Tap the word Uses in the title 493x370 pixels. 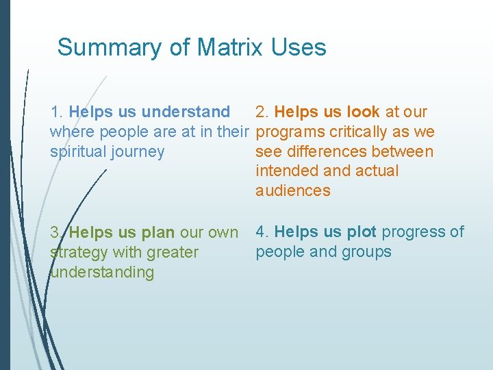click(x=299, y=47)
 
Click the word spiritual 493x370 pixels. click(x=77, y=151)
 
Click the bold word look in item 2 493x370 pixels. click(x=364, y=112)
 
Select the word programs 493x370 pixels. click(x=286, y=132)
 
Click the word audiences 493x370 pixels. click(x=293, y=191)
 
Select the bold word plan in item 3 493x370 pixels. click(x=158, y=232)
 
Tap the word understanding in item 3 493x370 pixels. click(x=102, y=272)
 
